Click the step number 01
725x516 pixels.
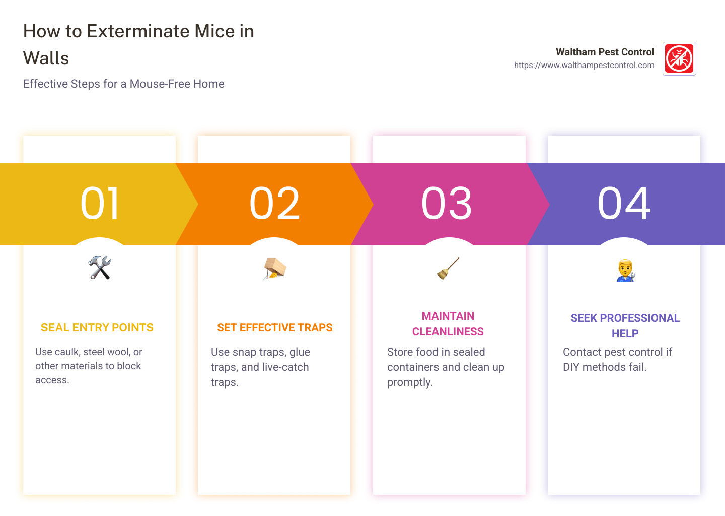tap(100, 204)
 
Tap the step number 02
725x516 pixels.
tap(274, 204)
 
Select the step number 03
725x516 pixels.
tap(447, 204)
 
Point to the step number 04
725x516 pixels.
tap(624, 204)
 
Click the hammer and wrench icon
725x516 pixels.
tap(100, 268)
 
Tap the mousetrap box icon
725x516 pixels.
tap(275, 268)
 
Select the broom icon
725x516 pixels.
tap(448, 268)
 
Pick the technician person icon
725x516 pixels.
tap(625, 270)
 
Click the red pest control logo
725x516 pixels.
tap(679, 58)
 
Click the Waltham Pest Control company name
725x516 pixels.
tap(605, 52)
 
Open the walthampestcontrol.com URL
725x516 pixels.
tap(584, 66)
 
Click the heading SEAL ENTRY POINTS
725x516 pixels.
tap(97, 328)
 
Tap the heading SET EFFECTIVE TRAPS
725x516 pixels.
tap(275, 328)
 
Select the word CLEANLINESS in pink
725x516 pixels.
tap(448, 332)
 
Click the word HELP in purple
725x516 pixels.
tap(625, 334)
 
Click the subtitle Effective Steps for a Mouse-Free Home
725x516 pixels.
tap(124, 84)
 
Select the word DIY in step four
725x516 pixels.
tap(571, 367)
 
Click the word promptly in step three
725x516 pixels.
tap(410, 382)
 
